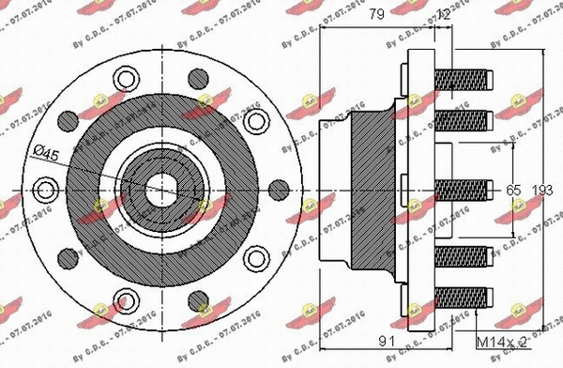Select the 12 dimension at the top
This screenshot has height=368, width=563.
coord(445,14)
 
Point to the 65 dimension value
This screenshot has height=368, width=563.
coord(512,190)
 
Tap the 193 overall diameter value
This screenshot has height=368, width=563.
coord(541,190)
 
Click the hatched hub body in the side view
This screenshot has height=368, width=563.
coord(375,189)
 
